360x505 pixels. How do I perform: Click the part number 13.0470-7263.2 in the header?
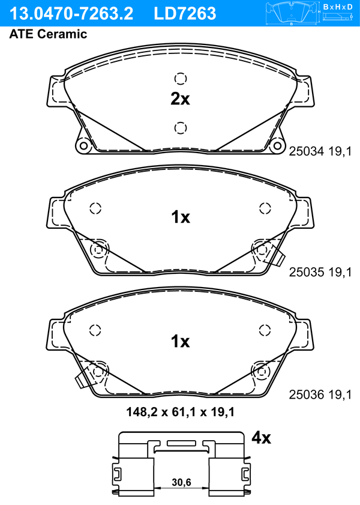(71, 13)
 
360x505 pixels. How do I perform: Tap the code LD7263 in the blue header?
(185, 13)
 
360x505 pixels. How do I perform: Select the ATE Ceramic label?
(48, 34)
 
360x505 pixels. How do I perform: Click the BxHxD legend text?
(338, 7)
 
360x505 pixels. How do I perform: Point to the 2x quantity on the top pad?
(180, 99)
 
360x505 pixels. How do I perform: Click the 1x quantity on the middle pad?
(181, 217)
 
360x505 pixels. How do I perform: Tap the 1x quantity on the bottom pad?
(181, 341)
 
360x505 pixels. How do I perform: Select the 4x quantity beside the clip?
(261, 438)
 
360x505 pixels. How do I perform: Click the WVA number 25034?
(306, 151)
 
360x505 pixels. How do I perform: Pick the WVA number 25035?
(306, 272)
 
